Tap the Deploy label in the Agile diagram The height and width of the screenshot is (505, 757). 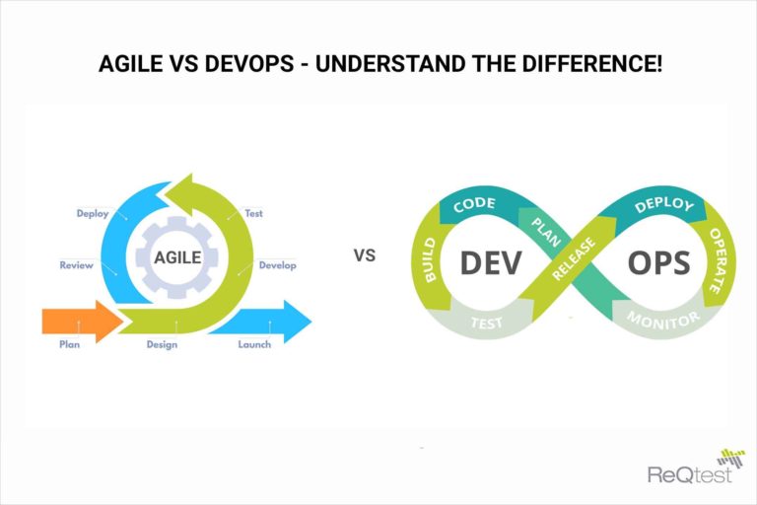click(x=93, y=213)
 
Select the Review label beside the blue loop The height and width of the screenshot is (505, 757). click(x=76, y=265)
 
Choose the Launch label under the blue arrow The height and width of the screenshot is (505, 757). click(x=254, y=345)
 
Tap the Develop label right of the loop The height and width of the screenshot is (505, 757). click(x=277, y=265)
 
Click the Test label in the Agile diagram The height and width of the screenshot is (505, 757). click(x=253, y=213)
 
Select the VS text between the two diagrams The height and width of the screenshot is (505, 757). click(x=365, y=255)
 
